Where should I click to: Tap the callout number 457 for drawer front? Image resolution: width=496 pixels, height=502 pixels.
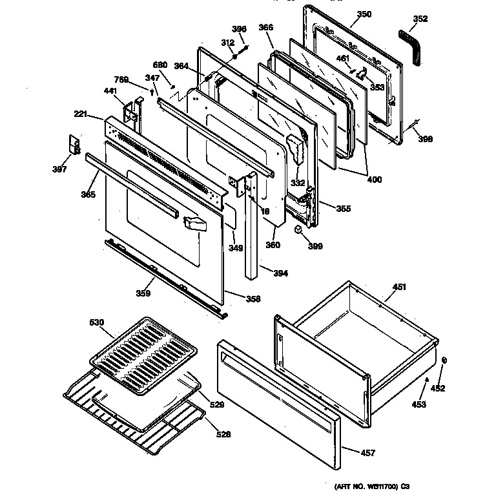coord(367,453)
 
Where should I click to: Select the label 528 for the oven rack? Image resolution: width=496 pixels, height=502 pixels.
coord(222,434)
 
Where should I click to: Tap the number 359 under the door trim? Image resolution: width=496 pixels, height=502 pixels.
coord(143,294)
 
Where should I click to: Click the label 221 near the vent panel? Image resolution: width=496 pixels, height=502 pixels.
coord(80,114)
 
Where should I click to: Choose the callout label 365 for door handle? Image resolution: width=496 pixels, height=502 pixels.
coord(70,194)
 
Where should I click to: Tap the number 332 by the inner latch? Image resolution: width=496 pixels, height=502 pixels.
coord(298,183)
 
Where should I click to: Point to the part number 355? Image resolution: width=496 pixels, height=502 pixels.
coord(344,207)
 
